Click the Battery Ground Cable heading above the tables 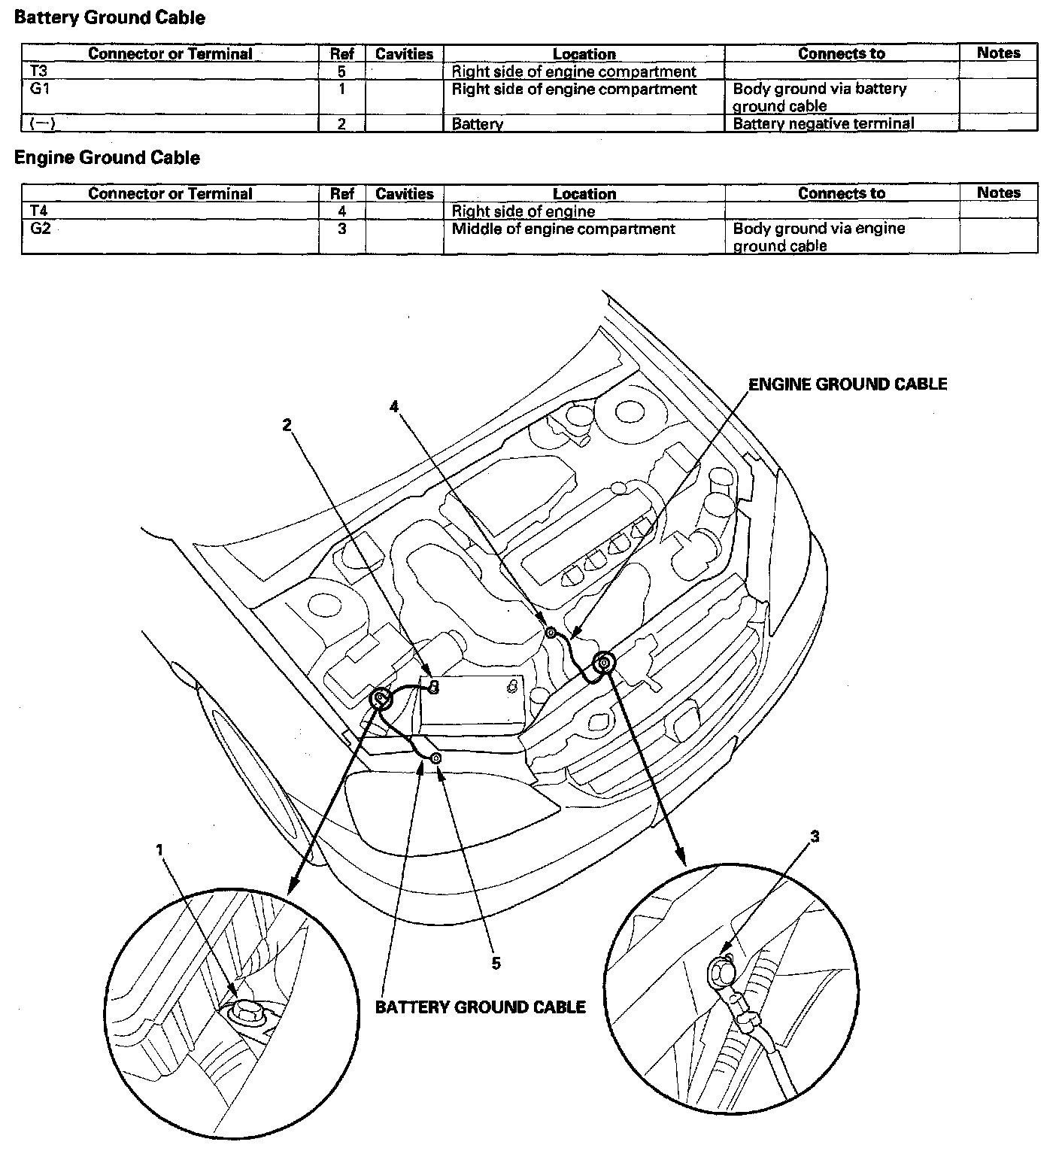(x=109, y=18)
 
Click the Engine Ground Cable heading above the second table (x=107, y=158)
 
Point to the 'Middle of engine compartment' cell (x=563, y=229)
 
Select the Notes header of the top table (x=998, y=53)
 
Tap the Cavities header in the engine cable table (x=404, y=193)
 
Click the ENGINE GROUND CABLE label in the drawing (x=847, y=384)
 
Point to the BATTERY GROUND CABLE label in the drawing (x=480, y=1007)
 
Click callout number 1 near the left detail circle (x=159, y=849)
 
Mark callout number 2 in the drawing (x=287, y=425)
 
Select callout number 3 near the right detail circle (x=815, y=837)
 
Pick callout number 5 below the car (x=496, y=962)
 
